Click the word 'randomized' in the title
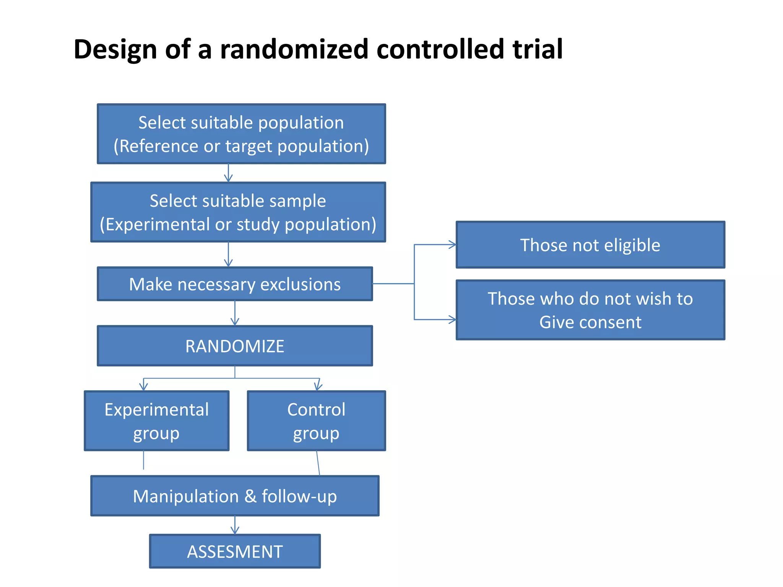(294, 50)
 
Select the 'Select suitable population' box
(241, 134)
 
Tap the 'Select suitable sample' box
(238, 212)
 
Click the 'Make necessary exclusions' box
(235, 284)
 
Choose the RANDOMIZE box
(235, 346)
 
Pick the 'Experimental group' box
(156, 421)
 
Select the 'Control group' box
(316, 421)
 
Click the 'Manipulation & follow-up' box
(235, 496)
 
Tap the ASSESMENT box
(235, 551)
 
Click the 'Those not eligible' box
(590, 245)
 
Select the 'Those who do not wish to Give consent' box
(590, 310)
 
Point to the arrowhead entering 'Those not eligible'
(453, 245)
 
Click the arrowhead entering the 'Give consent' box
(453, 319)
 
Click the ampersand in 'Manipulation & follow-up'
(250, 496)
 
